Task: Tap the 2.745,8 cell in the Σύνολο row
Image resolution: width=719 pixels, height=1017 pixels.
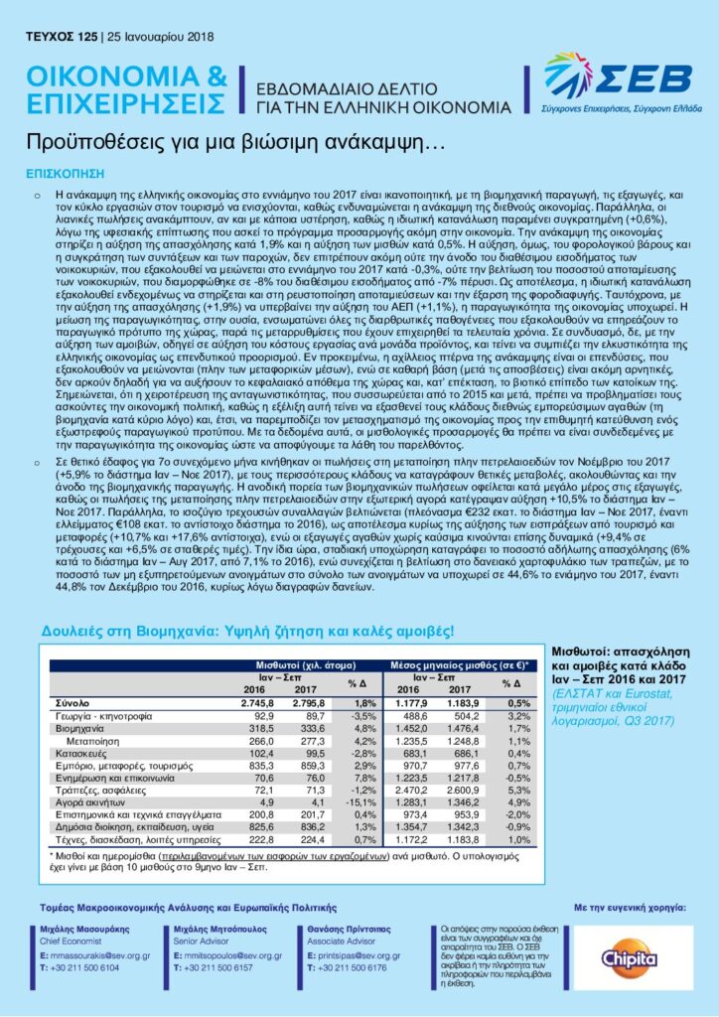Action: (252, 702)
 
